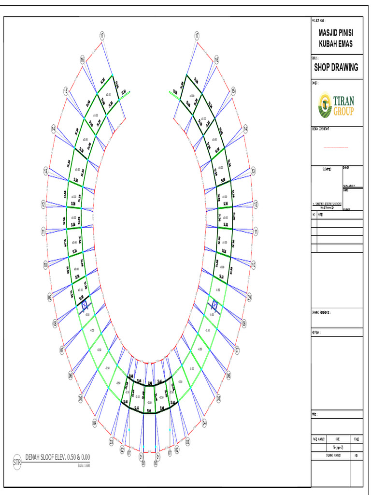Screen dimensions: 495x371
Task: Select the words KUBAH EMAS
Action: point(336,44)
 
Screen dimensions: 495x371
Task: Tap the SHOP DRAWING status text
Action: point(336,68)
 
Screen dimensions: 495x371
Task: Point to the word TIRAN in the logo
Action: point(343,102)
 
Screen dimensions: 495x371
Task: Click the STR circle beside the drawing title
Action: point(17,462)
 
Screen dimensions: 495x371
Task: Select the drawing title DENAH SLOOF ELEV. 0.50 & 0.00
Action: point(58,457)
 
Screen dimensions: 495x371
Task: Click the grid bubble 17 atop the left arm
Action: point(102,35)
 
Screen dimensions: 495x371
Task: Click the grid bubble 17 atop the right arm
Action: point(197,35)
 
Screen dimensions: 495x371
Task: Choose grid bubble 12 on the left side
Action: point(43,204)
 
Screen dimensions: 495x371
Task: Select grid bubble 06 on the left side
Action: point(71,375)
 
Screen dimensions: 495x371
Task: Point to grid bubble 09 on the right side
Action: point(249,298)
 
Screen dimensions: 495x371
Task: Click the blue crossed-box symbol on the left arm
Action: point(85,305)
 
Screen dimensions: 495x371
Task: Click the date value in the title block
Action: point(337,448)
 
